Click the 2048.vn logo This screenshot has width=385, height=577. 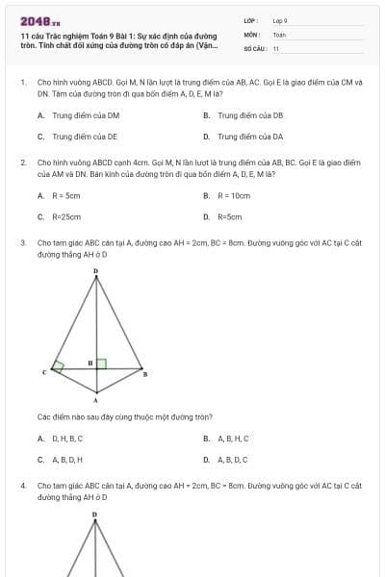pos(39,20)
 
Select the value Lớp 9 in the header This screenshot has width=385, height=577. pos(280,20)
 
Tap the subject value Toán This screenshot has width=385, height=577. pos(279,34)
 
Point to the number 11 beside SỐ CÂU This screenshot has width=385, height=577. pos(276,48)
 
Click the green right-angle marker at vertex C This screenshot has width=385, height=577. pos(59,366)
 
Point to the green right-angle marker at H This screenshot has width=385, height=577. pos(100,364)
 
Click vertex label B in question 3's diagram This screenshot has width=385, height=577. pos(145,374)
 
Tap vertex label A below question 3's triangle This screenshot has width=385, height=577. pos(95,399)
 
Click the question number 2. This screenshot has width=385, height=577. pos(22,163)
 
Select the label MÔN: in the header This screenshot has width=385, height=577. pos(252,34)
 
